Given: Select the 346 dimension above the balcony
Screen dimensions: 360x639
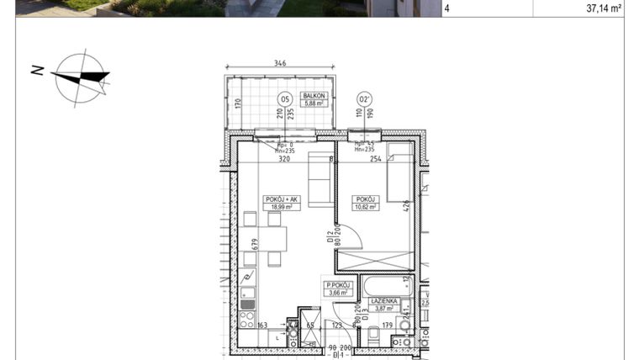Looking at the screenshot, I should click(x=280, y=64).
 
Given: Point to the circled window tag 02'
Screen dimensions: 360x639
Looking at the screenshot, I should click(x=365, y=98).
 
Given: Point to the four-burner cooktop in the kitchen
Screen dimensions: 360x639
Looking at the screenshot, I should click(x=248, y=319).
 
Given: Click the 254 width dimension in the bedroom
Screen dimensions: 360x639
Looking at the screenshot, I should click(x=375, y=157).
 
